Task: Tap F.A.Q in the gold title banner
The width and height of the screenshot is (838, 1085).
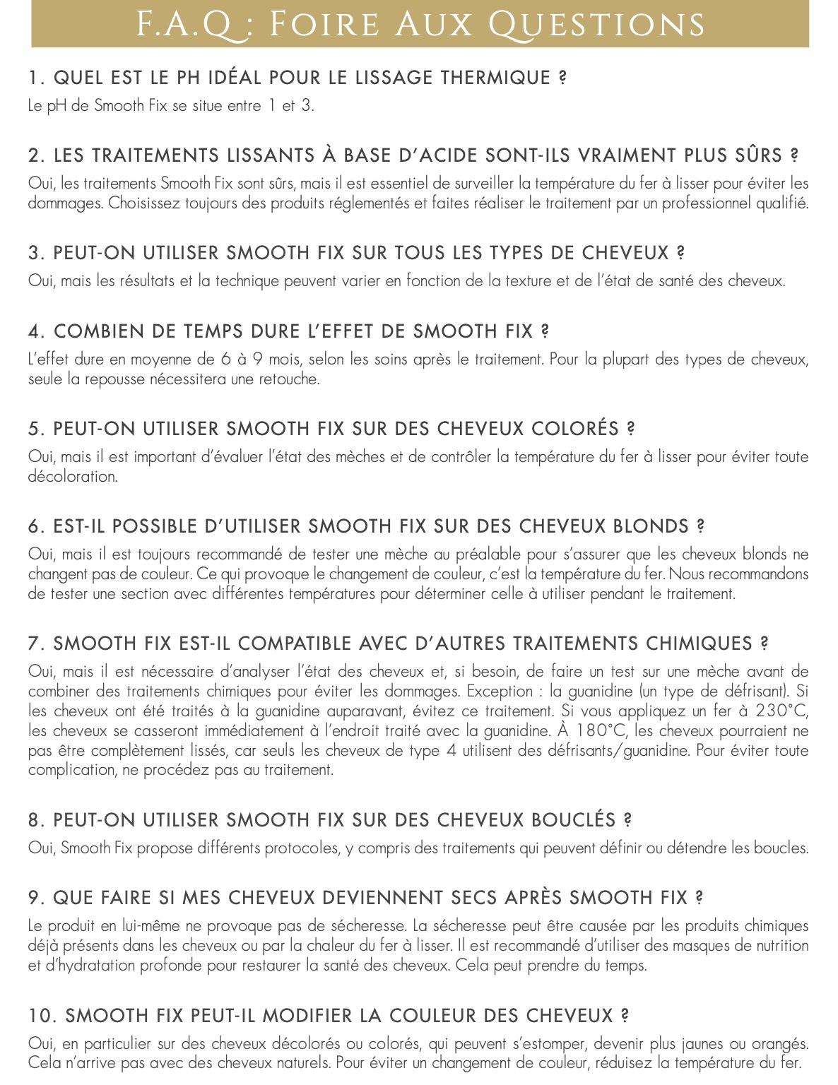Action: click(182, 25)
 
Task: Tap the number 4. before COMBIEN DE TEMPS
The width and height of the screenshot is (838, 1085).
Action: click(37, 331)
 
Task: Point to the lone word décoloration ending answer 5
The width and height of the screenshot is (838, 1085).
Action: click(72, 477)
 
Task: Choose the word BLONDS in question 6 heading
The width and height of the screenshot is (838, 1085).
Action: click(651, 526)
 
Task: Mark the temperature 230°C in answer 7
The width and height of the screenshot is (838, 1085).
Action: click(781, 711)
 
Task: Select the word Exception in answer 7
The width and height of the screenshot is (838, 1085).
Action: click(500, 692)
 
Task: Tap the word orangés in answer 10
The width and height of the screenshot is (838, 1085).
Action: click(779, 1044)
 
